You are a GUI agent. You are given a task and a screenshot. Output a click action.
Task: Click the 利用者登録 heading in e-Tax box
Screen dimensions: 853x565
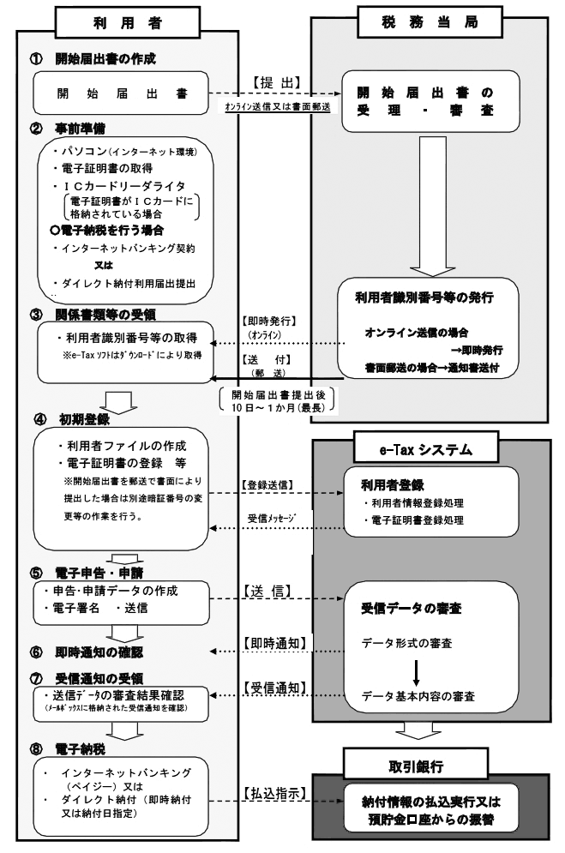pyautogui.click(x=389, y=484)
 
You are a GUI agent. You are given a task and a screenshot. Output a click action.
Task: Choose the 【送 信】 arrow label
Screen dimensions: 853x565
pyautogui.click(x=271, y=591)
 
